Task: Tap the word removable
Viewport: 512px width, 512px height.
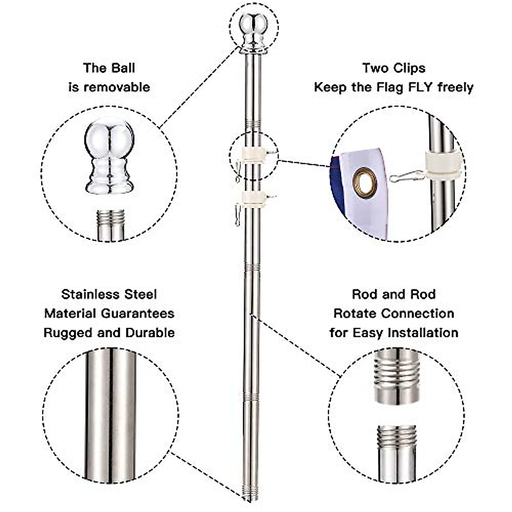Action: [x=117, y=87]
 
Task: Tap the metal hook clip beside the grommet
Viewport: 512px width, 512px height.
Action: [x=406, y=176]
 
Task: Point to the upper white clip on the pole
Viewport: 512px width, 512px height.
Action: [x=252, y=152]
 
